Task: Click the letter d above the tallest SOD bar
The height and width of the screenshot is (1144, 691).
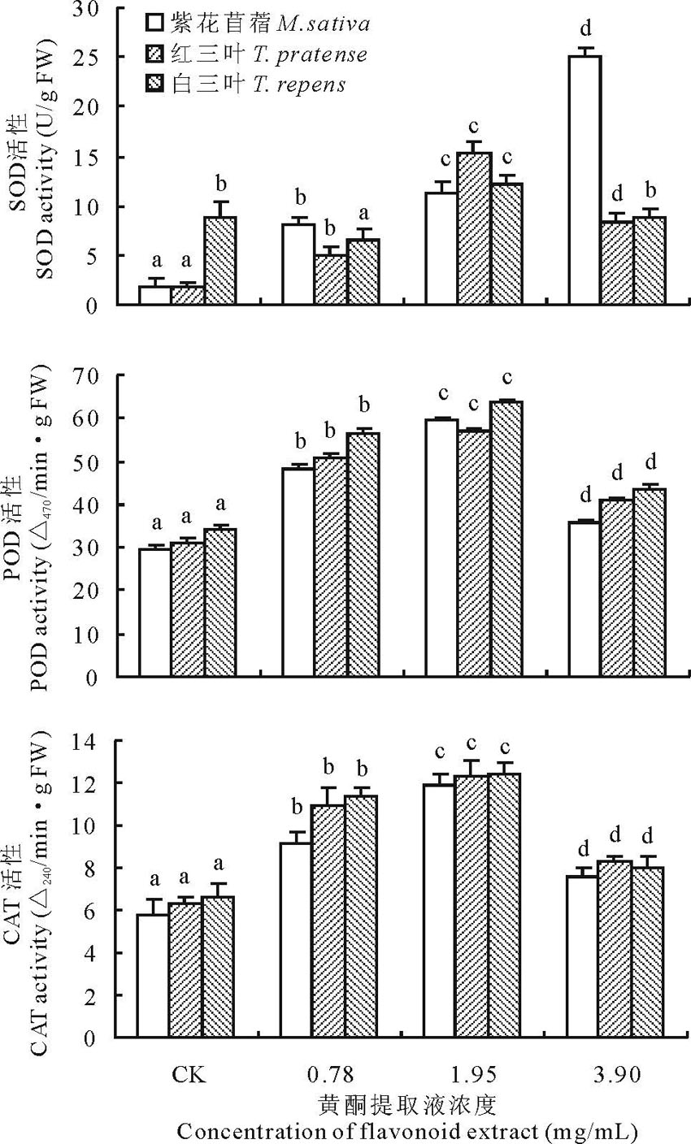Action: pyautogui.click(x=583, y=30)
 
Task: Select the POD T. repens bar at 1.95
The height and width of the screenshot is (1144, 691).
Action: pyautogui.click(x=506, y=539)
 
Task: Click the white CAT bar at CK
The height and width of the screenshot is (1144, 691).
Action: pyautogui.click(x=154, y=975)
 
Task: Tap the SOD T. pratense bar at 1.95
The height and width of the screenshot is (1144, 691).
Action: pyautogui.click(x=475, y=228)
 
